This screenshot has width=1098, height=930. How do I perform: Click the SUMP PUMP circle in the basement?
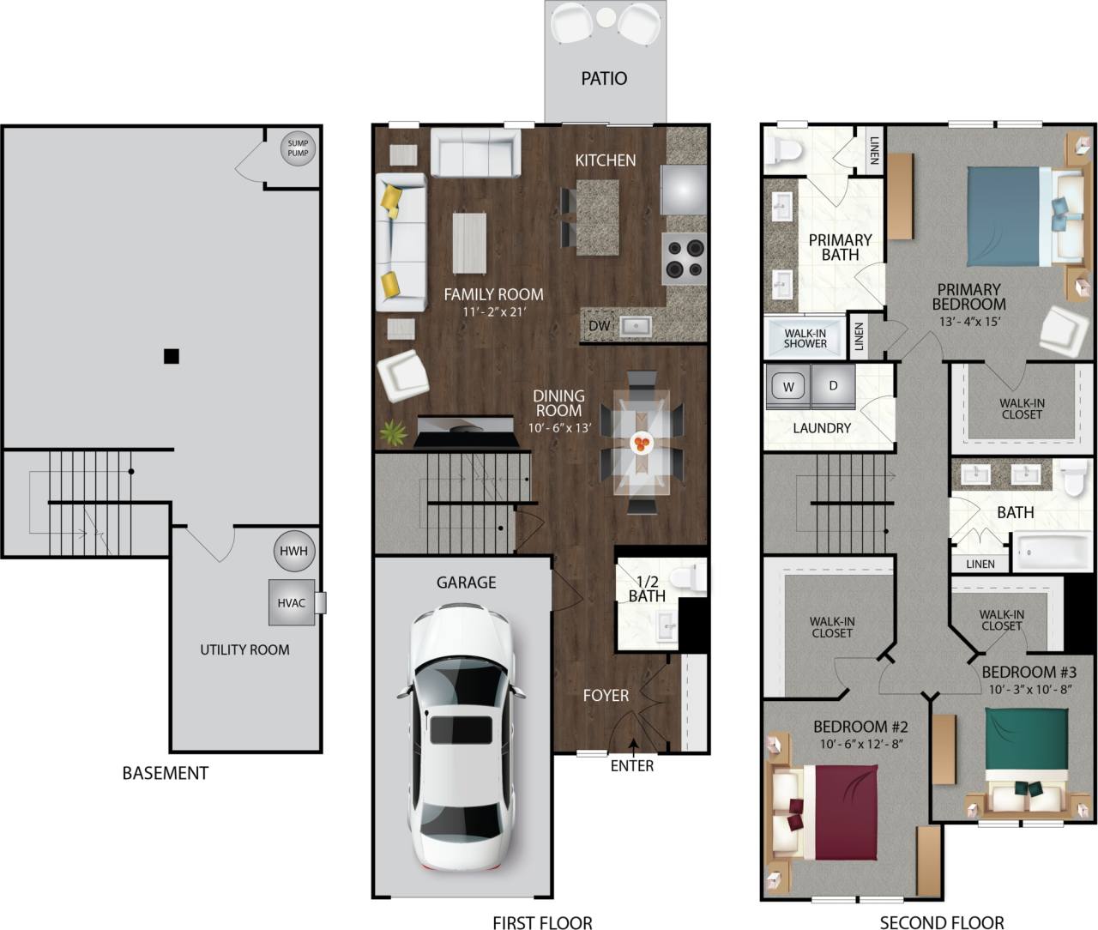point(298,148)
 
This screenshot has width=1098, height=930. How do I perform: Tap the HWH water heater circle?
point(293,552)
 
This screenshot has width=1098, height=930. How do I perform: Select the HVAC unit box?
point(292,602)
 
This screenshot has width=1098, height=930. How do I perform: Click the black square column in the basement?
point(172,356)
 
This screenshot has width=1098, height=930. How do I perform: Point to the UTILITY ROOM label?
point(244,649)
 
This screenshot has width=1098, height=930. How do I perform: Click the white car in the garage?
point(461,738)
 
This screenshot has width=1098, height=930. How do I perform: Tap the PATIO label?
point(604,79)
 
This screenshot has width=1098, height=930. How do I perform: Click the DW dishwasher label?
point(599,326)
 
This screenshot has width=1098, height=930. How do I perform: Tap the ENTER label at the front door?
point(632,765)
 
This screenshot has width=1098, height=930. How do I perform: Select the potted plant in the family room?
point(394,432)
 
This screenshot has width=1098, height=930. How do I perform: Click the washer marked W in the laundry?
point(787,387)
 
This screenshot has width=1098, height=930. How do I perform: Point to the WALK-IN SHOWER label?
point(805,338)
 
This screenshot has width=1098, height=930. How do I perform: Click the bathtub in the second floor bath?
point(1054,552)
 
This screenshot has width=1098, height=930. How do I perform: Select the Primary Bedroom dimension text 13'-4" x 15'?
point(968,322)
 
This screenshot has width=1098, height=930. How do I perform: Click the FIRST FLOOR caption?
point(542,923)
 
